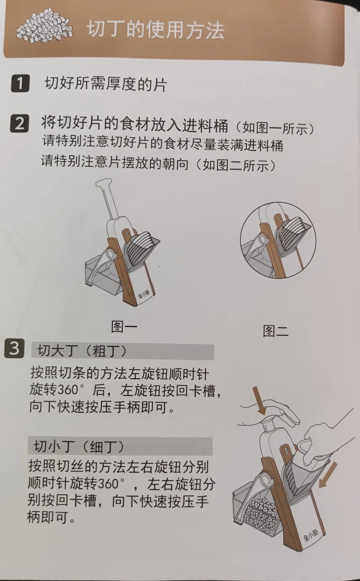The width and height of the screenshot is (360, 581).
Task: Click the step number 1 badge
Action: tap(20, 83)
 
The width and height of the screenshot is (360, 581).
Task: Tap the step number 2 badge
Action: tap(20, 124)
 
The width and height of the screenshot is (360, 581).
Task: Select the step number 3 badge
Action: tap(14, 348)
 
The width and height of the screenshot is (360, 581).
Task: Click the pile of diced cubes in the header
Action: tap(44, 26)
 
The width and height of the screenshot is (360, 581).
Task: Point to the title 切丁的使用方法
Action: tap(155, 30)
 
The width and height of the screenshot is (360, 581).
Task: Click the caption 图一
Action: tap(124, 327)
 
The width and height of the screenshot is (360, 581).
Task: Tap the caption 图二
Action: tap(276, 331)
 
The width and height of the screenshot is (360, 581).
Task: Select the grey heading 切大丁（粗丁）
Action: tap(123, 352)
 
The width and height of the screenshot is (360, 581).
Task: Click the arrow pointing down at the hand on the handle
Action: tap(259, 400)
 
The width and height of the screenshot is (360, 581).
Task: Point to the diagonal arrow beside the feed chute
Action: tap(328, 474)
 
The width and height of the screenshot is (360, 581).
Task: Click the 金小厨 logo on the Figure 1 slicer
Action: tap(144, 294)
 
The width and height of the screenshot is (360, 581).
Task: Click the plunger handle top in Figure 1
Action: tap(104, 182)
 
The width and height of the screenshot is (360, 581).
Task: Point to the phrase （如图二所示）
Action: tap(235, 165)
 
